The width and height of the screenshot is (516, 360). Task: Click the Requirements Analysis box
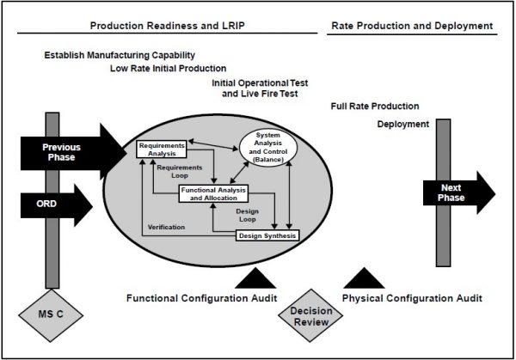(162, 149)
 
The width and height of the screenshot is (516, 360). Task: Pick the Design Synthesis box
(267, 235)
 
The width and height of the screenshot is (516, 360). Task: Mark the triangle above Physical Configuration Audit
(364, 277)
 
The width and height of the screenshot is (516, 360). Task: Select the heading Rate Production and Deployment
(412, 27)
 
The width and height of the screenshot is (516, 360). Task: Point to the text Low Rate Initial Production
(169, 68)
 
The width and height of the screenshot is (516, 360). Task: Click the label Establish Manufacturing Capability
(126, 55)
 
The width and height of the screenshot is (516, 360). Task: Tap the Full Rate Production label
(374, 107)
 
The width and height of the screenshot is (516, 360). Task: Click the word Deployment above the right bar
(402, 124)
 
